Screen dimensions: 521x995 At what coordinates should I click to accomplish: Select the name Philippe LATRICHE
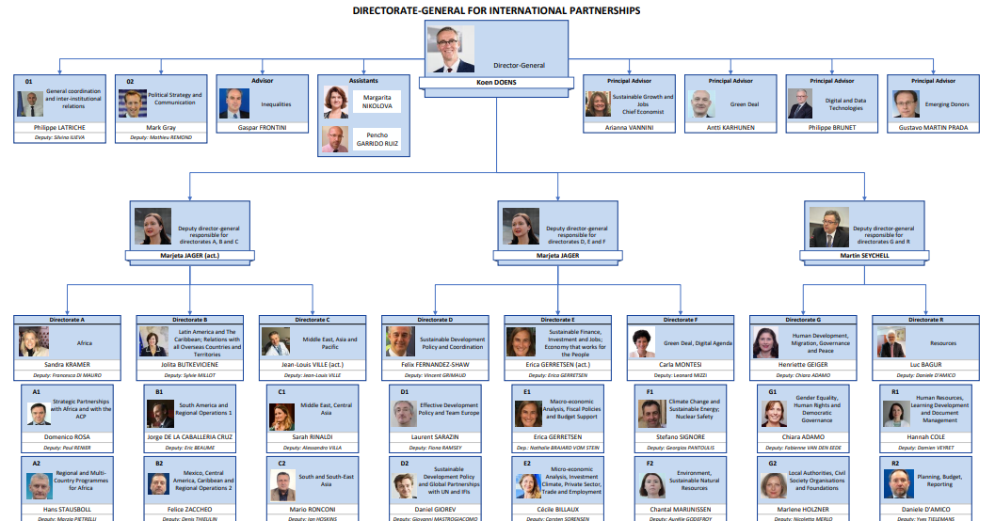coord(59,126)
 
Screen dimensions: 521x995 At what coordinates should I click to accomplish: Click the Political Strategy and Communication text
coord(172,99)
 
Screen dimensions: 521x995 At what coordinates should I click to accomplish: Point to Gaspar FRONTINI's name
coord(262,126)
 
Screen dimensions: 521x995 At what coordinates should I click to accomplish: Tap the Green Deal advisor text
coord(745,104)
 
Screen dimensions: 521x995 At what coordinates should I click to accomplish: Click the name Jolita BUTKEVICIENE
coord(190,363)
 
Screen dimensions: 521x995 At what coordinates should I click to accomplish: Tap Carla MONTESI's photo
coord(642,341)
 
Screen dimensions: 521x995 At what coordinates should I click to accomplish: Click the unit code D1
coord(404,390)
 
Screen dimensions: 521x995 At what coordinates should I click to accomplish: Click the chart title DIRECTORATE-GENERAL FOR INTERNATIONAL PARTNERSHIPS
coord(496,11)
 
